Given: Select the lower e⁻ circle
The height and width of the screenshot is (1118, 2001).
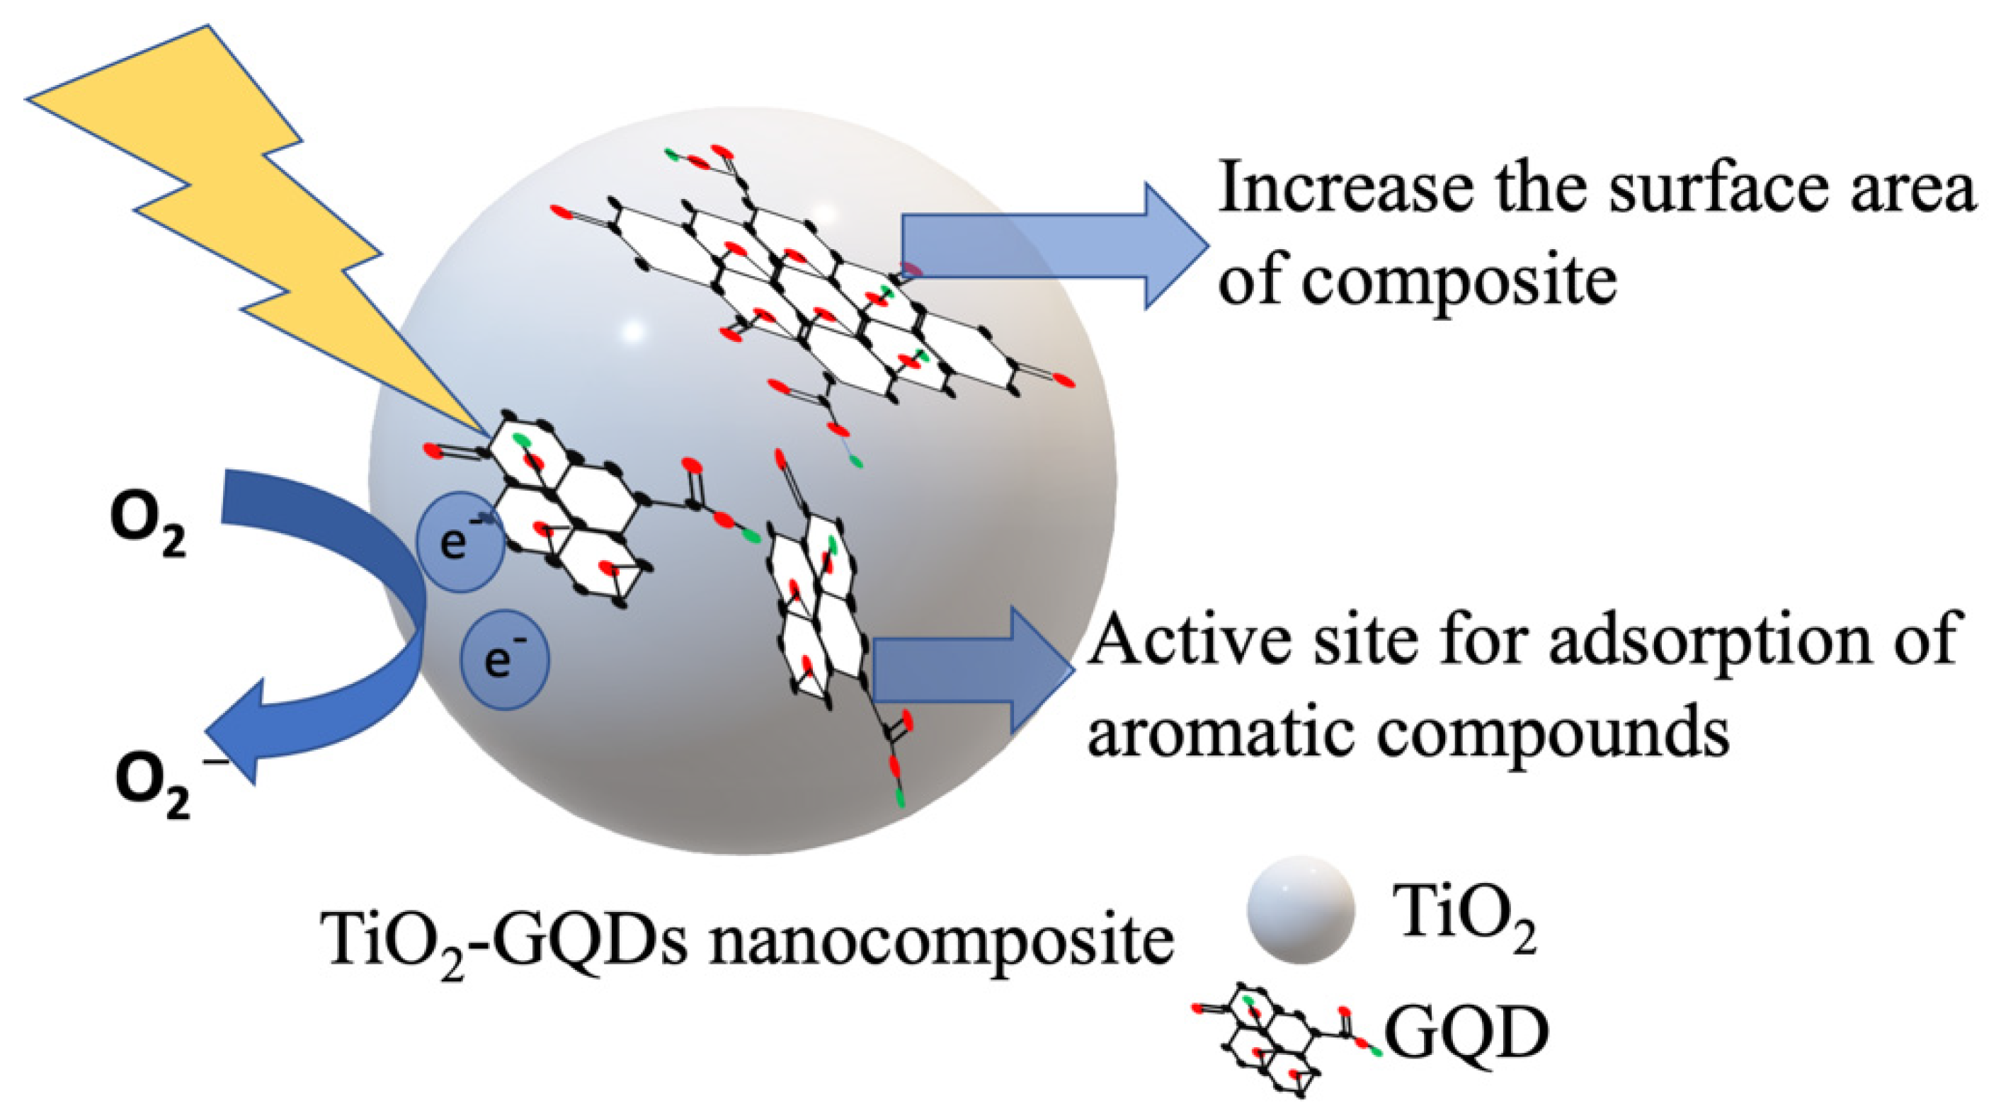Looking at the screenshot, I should (505, 659).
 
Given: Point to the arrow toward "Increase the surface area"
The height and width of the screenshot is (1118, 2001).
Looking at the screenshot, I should (1056, 246).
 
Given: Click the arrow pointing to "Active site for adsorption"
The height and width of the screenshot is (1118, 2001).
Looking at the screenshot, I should (971, 670).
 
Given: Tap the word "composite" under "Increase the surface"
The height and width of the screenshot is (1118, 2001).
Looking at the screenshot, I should (1460, 280).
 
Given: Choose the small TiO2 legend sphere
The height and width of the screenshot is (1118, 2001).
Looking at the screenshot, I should (1301, 910).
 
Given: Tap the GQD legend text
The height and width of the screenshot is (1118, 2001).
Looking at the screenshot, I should (1468, 1033).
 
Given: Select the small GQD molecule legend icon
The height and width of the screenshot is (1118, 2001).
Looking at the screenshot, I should (1282, 1045).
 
